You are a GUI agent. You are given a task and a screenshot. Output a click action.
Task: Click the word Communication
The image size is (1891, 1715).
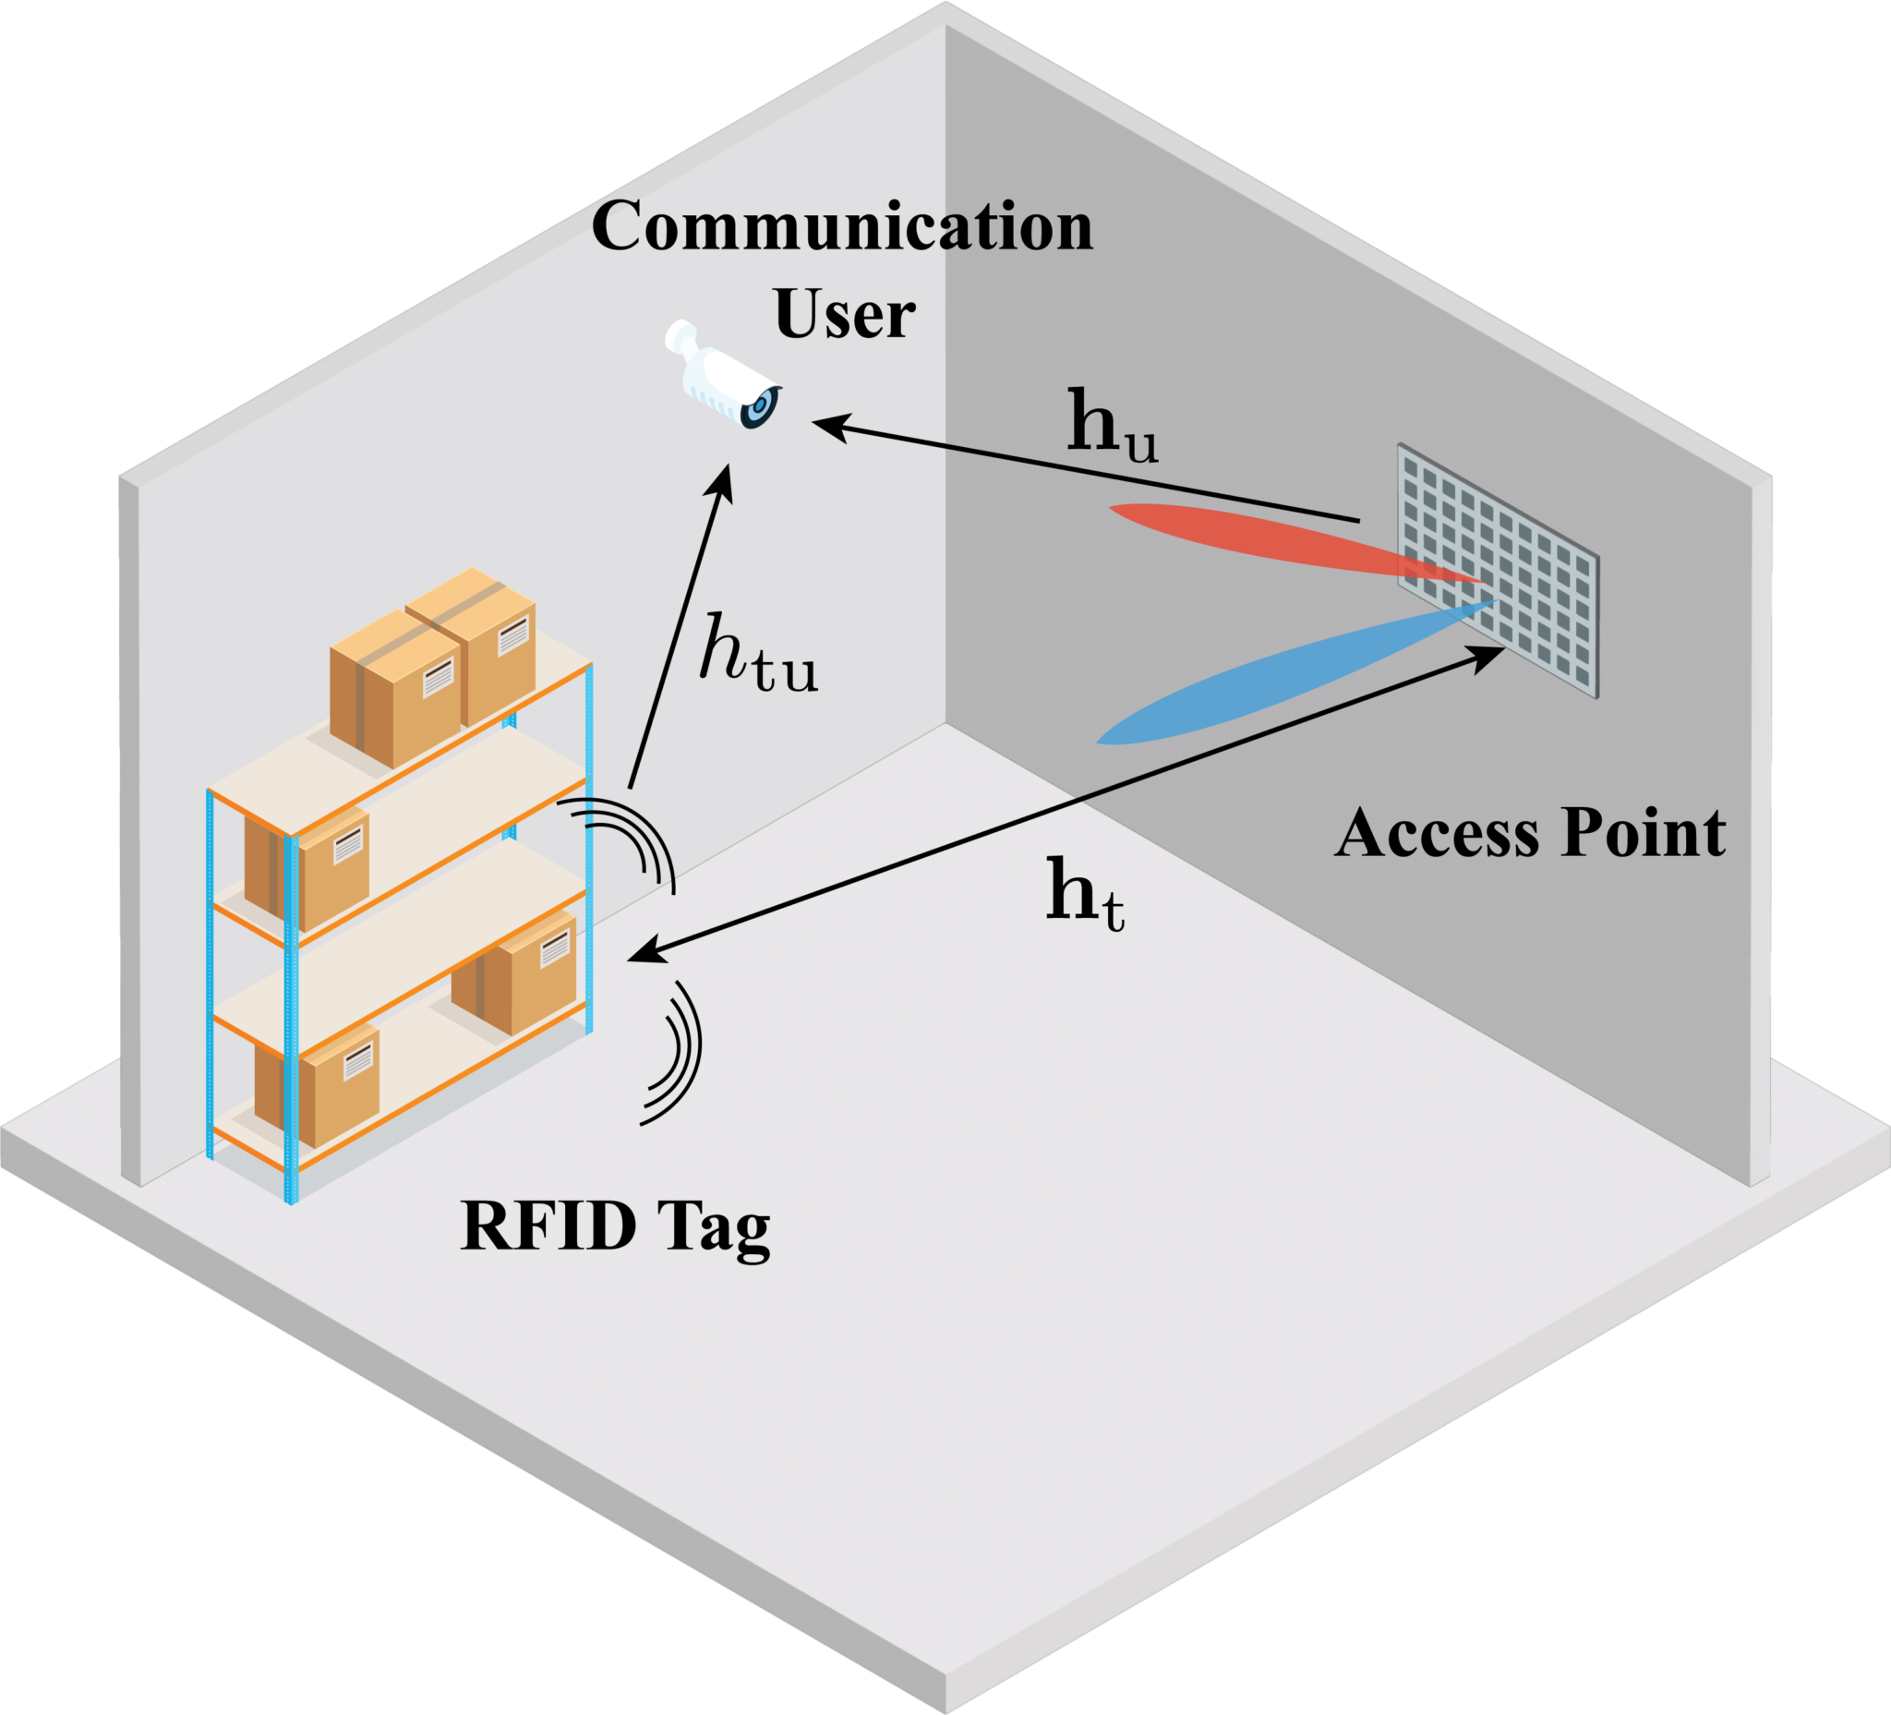pyautogui.click(x=841, y=227)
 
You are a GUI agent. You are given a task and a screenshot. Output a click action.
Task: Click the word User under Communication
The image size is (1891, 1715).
pyautogui.click(x=843, y=314)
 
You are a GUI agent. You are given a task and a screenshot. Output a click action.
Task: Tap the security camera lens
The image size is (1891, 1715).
pyautogui.click(x=759, y=407)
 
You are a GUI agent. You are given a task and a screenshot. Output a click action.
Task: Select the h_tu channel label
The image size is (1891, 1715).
pyautogui.click(x=758, y=654)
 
